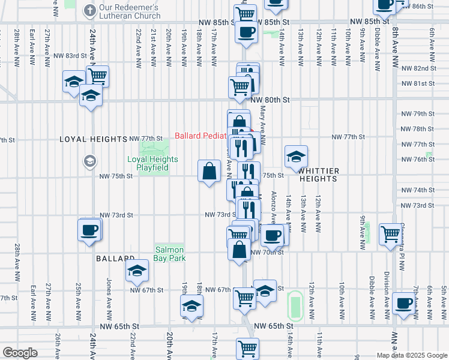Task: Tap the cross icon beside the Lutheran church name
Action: [x=89, y=10]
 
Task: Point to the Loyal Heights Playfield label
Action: [x=152, y=163]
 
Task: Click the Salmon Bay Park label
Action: [x=170, y=254]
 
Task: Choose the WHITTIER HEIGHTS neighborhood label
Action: [x=318, y=175]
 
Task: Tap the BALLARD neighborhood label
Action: [x=113, y=259]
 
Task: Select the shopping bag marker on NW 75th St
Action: [x=209, y=171]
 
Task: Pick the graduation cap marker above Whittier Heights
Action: [x=296, y=157]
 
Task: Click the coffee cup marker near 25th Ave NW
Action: [x=89, y=230]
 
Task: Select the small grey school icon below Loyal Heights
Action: [x=90, y=161]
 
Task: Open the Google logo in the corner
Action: [x=20, y=353]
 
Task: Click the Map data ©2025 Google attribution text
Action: [x=411, y=355]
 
